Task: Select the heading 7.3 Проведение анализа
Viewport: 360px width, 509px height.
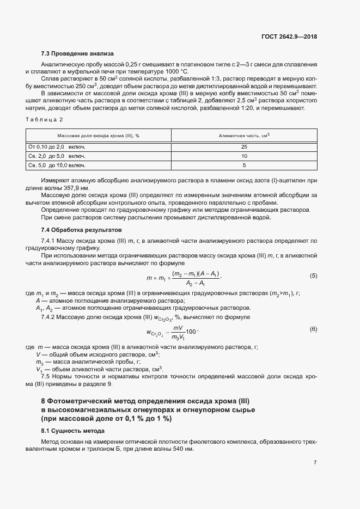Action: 77,53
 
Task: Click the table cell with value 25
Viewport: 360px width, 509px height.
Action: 244,147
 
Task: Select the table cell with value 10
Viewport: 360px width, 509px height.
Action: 244,156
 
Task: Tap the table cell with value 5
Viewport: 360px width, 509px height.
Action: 244,165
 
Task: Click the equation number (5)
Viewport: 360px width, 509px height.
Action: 313,275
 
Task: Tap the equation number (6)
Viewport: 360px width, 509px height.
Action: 313,329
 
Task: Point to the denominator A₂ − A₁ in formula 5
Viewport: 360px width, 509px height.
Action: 195,284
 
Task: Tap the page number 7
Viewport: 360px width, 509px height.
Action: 315,462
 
